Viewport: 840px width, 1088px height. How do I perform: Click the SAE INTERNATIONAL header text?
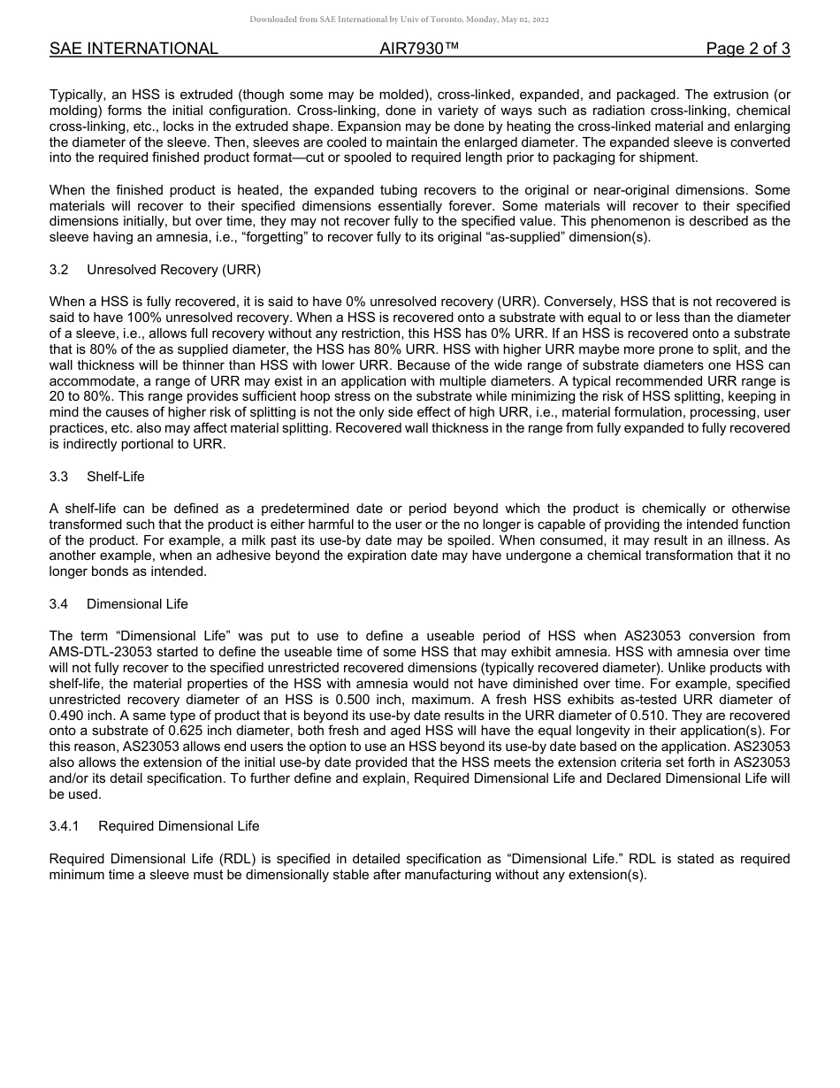[x=134, y=49]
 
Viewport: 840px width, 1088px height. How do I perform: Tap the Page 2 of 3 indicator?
[x=748, y=49]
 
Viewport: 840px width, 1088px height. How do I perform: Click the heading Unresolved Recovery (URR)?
[x=173, y=269]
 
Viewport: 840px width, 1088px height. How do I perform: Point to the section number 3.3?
[x=59, y=477]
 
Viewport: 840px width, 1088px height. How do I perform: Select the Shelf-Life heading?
[x=116, y=477]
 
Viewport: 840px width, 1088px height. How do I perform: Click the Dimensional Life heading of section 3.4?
[x=137, y=604]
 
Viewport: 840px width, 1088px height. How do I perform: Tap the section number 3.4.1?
[x=65, y=826]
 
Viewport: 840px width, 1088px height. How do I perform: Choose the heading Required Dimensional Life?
[x=179, y=826]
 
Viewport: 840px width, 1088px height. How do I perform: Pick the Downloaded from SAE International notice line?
[x=399, y=19]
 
